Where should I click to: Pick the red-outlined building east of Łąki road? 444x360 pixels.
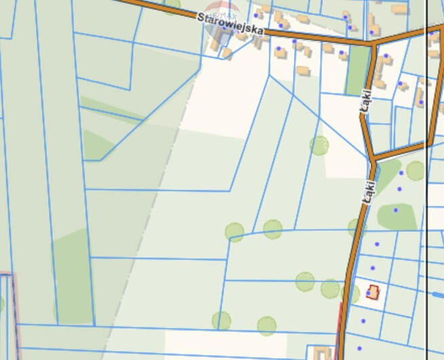[372, 292]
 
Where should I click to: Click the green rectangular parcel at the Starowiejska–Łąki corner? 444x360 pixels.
[357, 70]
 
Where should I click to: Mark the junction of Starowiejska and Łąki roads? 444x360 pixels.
[373, 43]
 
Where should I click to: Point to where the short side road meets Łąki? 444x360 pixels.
[373, 161]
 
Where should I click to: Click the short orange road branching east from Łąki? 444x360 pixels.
[401, 151]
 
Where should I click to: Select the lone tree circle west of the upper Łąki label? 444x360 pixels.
[318, 145]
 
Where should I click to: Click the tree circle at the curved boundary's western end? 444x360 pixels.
[234, 232]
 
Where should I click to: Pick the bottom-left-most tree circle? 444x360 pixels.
[221, 321]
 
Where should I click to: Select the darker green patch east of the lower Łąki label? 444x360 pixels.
[397, 216]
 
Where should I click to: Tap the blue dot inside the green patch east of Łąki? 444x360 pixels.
[396, 210]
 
